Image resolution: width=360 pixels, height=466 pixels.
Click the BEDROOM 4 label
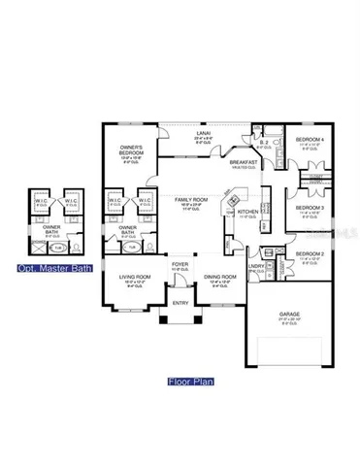pos(311,142)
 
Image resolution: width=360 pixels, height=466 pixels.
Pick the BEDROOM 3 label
pos(310,208)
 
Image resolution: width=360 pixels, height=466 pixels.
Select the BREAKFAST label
pos(242,162)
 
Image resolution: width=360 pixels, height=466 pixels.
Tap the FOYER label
pos(180,263)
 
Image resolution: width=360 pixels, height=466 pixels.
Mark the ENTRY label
pos(180,303)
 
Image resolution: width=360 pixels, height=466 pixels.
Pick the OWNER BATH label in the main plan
pos(127,230)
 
